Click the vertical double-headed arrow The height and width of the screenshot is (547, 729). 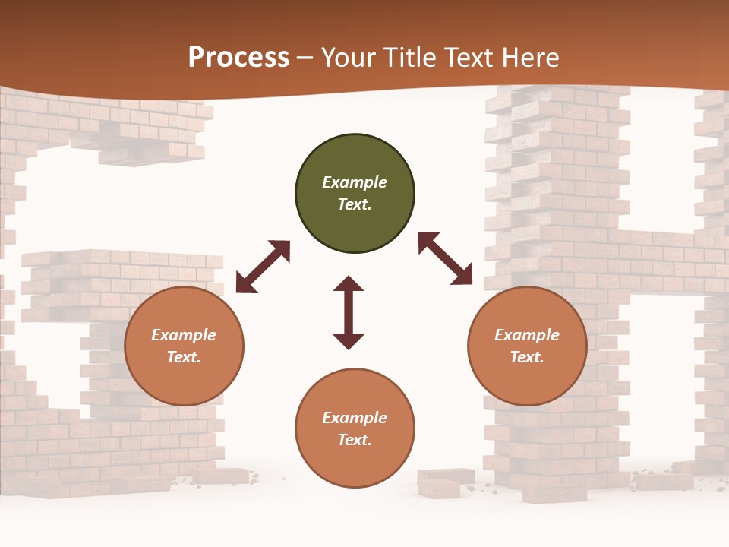349,312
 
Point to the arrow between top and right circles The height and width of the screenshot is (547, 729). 445,258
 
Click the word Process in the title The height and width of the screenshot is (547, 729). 238,58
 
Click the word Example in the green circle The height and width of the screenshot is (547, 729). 355,182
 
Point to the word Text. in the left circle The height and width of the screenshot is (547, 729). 184,357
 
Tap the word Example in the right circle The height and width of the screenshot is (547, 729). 527,335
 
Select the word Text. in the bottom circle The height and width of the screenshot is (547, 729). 355,440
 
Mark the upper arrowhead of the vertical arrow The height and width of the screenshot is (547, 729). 349,284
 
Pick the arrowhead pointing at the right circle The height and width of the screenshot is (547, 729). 462,276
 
